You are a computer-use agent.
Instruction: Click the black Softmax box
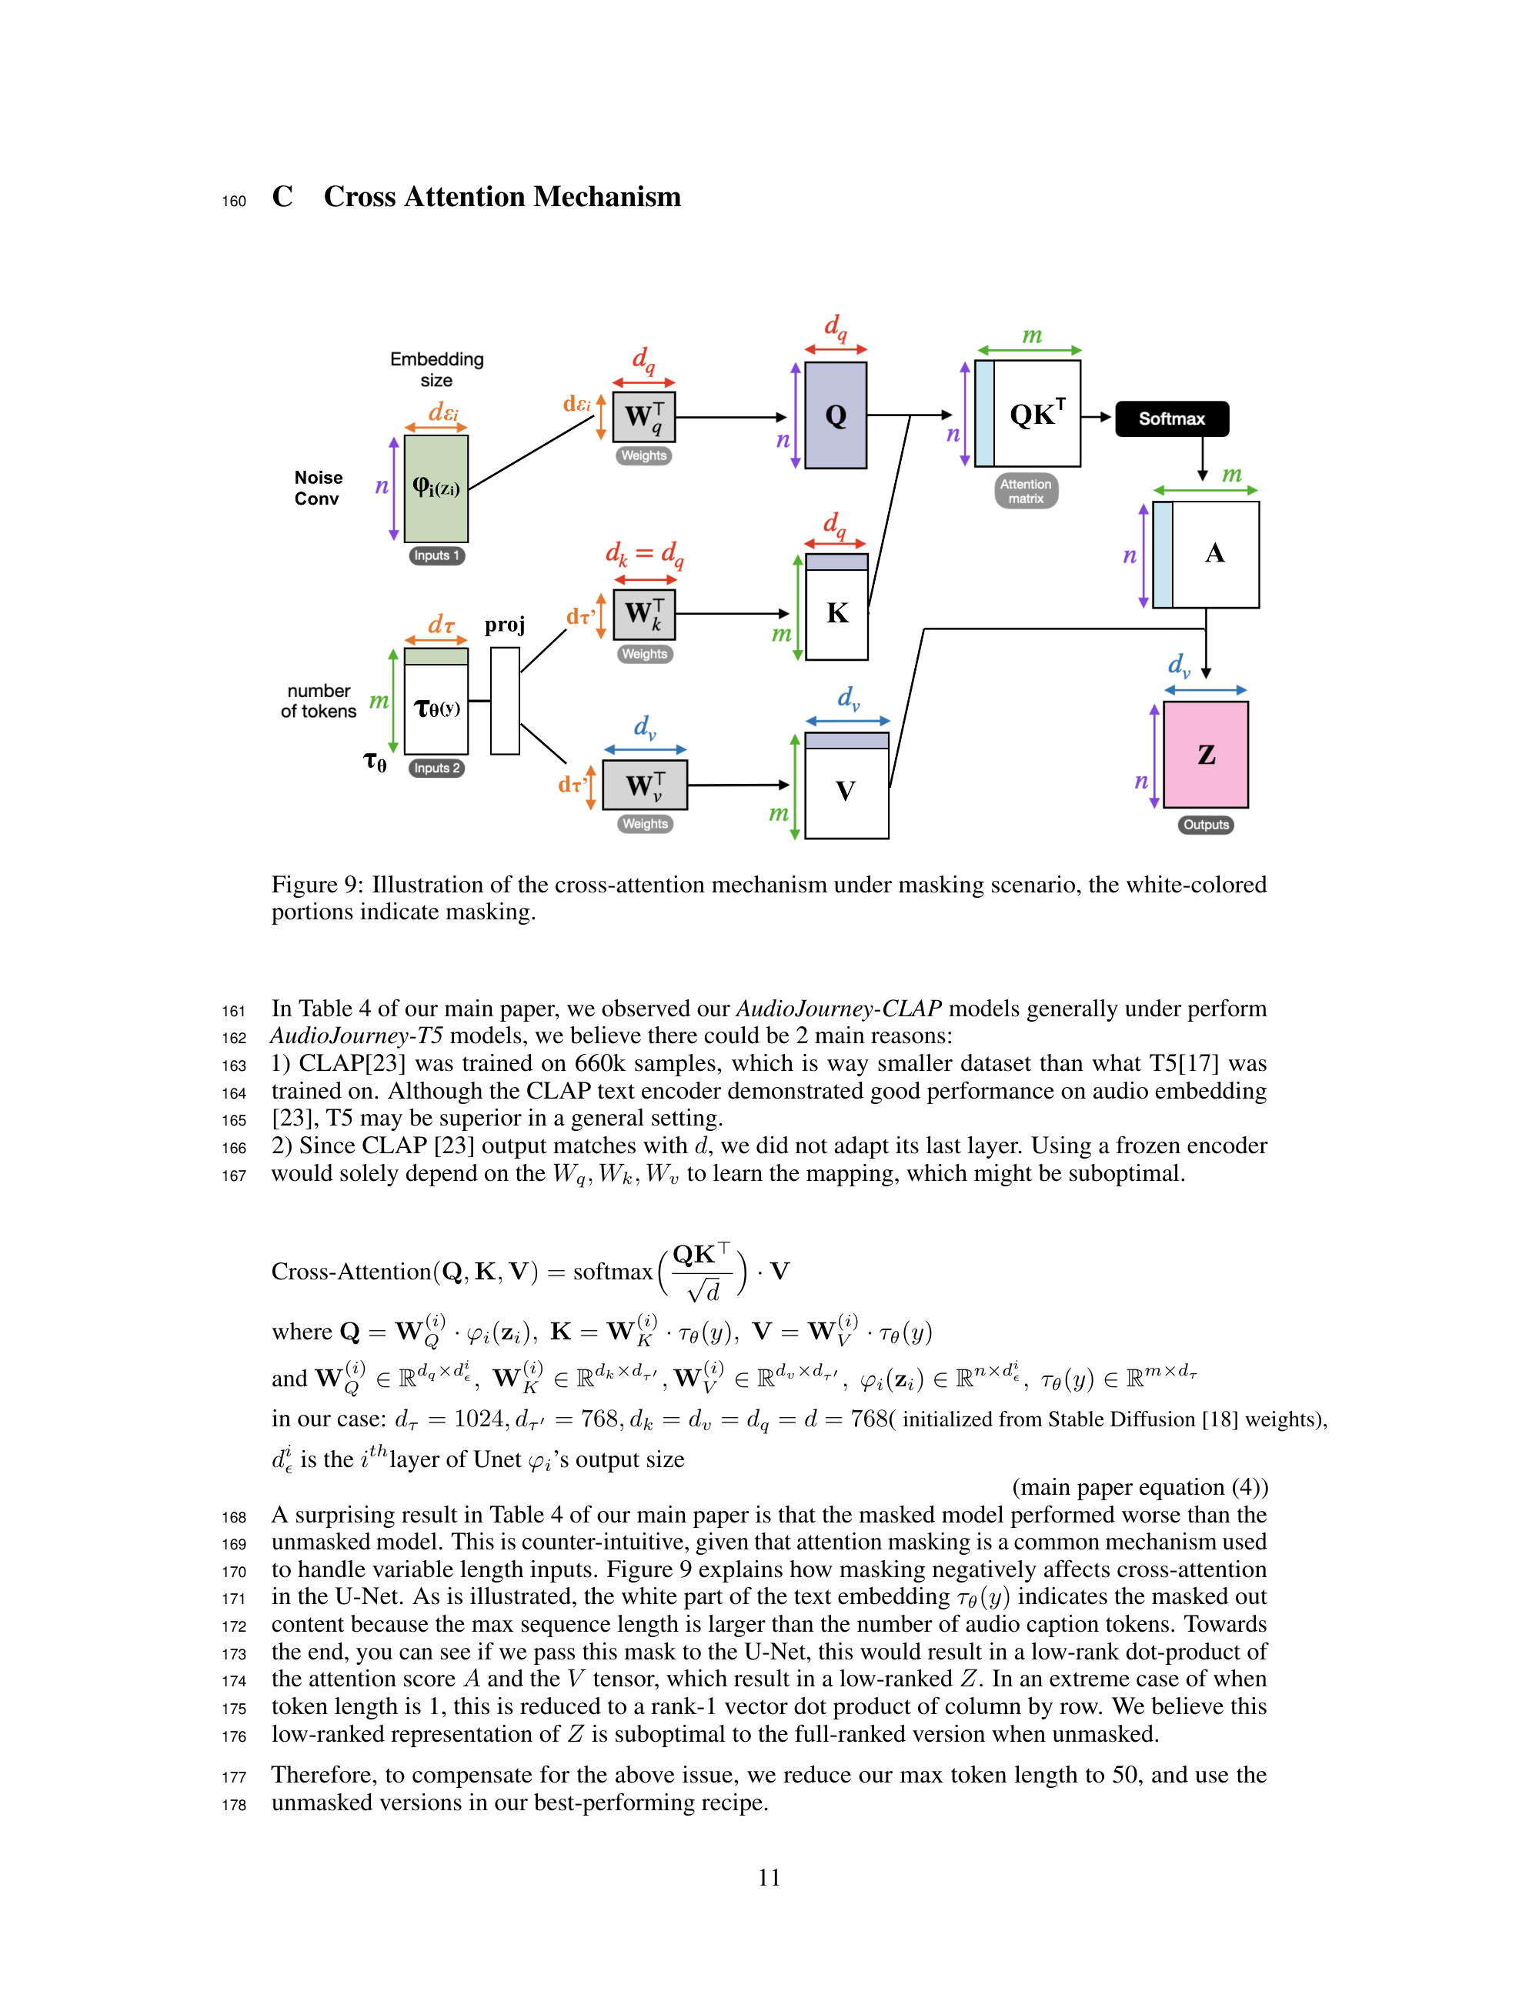point(1172,419)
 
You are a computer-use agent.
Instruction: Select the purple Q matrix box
point(835,415)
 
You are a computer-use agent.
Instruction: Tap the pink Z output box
point(1205,755)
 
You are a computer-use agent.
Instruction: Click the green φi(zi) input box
point(436,489)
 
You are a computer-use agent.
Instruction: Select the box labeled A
point(1214,554)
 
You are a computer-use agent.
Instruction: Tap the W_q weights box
point(643,417)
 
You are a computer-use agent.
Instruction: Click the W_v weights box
point(645,785)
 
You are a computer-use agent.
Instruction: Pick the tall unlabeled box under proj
point(504,700)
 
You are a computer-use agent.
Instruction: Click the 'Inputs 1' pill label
point(437,556)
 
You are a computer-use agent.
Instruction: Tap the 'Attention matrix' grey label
point(1026,492)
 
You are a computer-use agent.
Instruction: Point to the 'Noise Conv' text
point(319,489)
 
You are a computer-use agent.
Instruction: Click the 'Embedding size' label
point(437,369)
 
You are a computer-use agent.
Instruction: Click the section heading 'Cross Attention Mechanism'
point(502,197)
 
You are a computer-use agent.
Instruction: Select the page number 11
point(769,1878)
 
